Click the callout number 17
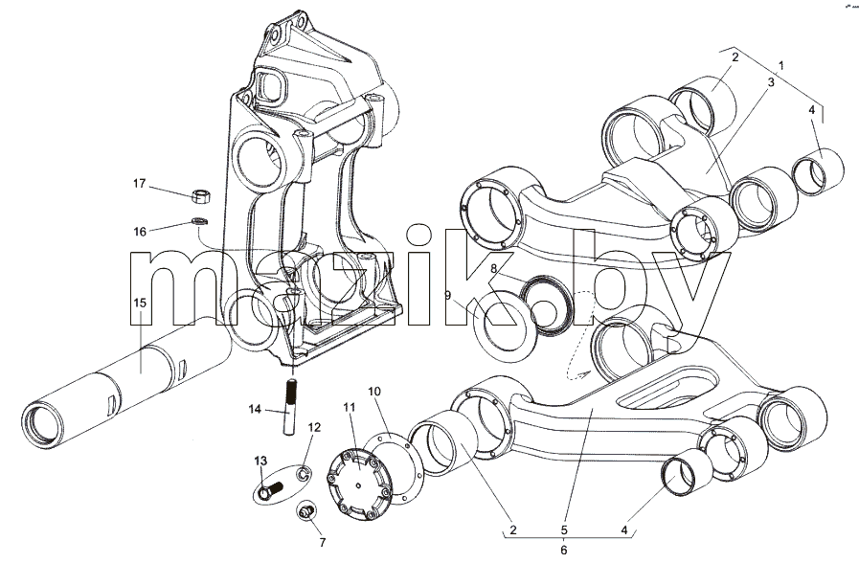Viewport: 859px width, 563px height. click(140, 184)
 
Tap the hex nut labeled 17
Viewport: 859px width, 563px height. click(202, 195)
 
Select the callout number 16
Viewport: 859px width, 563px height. click(140, 232)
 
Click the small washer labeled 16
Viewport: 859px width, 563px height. click(199, 221)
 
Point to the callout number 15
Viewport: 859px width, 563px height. click(140, 303)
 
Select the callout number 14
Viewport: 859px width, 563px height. click(255, 409)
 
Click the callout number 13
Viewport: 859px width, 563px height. click(260, 461)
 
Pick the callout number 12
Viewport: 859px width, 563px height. click(314, 427)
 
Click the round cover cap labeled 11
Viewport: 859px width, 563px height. click(358, 485)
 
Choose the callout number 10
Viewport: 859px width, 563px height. click(373, 392)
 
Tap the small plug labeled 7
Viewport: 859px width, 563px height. click(306, 511)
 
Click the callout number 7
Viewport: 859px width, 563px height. click(323, 543)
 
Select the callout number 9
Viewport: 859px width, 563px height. click(447, 296)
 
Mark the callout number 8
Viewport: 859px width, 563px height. click(493, 268)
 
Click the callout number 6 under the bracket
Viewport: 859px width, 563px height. click(564, 550)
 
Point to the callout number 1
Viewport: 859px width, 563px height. click(781, 65)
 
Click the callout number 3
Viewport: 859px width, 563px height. click(770, 82)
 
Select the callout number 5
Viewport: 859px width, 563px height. click(564, 530)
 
